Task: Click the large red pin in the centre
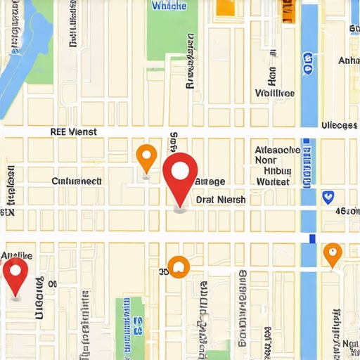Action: click(180, 172)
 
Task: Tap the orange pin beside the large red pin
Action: click(146, 157)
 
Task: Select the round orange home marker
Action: click(179, 266)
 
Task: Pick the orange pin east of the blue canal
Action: click(333, 254)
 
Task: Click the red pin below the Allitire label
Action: click(15, 274)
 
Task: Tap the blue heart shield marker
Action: click(327, 197)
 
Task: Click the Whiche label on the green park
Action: click(169, 6)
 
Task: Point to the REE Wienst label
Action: click(74, 131)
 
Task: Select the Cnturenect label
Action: click(77, 181)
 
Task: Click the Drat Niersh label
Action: click(221, 200)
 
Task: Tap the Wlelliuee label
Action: click(275, 93)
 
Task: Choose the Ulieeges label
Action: click(339, 125)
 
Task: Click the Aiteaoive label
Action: click(277, 150)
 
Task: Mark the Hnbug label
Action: click(277, 170)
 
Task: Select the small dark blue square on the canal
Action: click(311, 239)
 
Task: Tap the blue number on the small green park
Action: click(138, 325)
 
